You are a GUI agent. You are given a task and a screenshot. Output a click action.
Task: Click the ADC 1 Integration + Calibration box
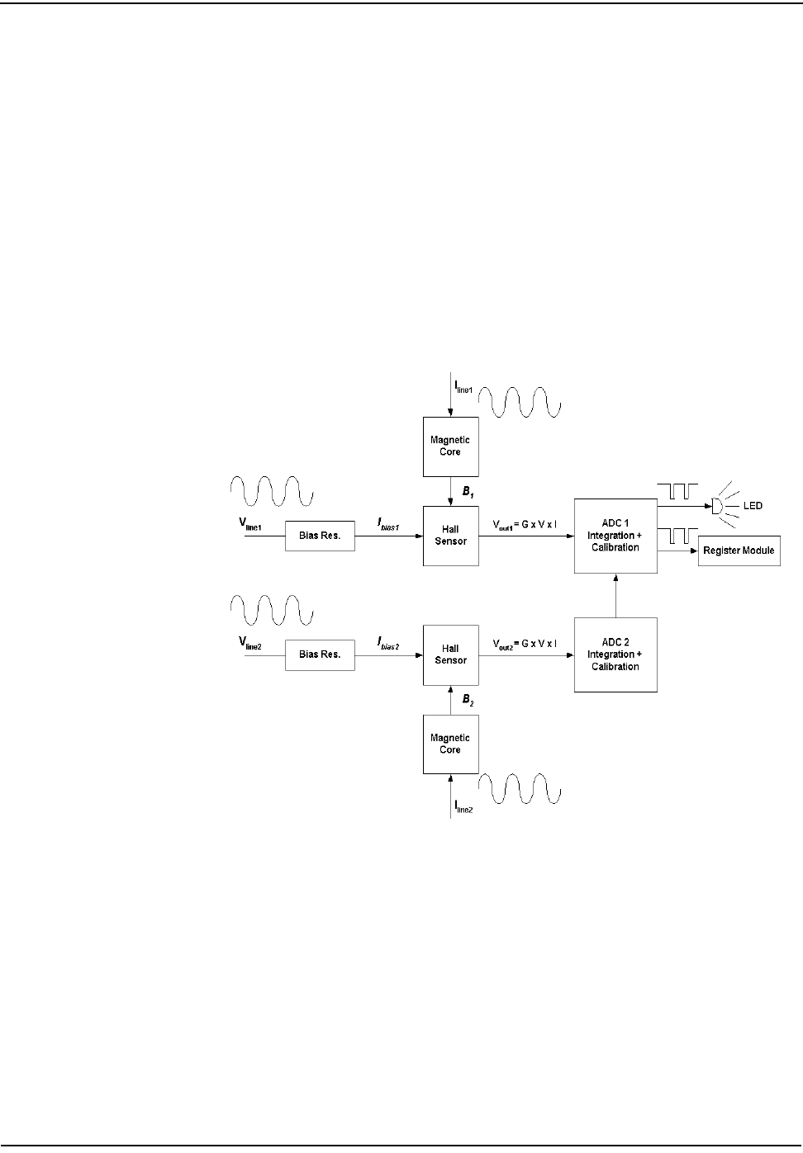click(x=615, y=536)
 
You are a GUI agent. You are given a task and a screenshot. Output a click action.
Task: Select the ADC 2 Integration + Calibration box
click(x=615, y=654)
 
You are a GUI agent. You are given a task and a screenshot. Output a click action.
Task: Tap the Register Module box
click(x=739, y=551)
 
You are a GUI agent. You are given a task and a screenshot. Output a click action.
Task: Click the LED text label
click(x=753, y=505)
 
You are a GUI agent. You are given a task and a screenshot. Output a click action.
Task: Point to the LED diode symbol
click(x=717, y=505)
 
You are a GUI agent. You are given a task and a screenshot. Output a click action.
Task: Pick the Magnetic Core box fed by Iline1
click(x=450, y=447)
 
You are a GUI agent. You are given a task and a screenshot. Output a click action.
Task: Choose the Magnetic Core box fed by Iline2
click(x=450, y=744)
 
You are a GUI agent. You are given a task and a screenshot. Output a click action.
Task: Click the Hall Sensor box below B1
click(x=450, y=536)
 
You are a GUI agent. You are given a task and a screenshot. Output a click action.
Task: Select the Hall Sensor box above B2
click(x=450, y=654)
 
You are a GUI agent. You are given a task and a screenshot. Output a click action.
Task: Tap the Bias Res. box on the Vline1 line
click(x=320, y=536)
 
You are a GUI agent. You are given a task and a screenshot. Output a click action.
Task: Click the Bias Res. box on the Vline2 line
click(x=320, y=654)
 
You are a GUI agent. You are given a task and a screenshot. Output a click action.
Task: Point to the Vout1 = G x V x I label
click(x=525, y=525)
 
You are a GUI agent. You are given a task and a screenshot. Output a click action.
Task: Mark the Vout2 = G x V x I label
click(x=525, y=644)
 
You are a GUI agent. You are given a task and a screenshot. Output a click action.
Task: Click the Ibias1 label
click(x=388, y=524)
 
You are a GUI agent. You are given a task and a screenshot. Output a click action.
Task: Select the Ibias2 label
click(x=388, y=643)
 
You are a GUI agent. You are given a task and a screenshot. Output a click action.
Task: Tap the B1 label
click(x=468, y=492)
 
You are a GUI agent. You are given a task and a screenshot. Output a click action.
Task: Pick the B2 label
click(x=468, y=700)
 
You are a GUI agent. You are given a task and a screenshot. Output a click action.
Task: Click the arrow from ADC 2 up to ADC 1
click(x=615, y=595)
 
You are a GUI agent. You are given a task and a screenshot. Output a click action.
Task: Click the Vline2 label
click(x=250, y=642)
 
